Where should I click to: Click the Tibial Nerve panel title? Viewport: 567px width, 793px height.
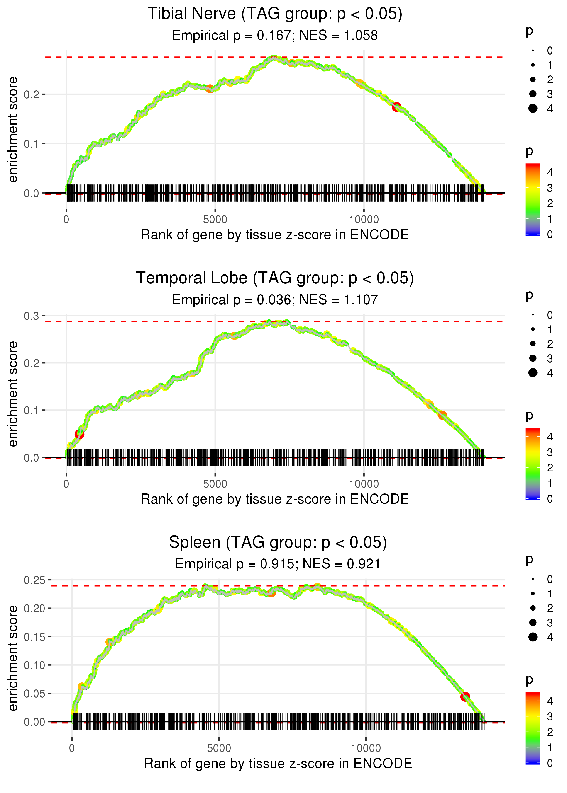(275, 14)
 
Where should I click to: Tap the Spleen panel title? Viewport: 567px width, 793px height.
(278, 543)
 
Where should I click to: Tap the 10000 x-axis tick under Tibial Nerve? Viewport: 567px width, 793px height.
(364, 220)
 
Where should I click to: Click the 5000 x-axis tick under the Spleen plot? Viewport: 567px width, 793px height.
(219, 748)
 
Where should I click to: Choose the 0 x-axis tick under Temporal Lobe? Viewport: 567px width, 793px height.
(66, 484)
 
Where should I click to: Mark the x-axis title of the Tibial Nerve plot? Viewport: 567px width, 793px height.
(275, 235)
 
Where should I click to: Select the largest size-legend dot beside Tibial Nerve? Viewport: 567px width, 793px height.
(533, 109)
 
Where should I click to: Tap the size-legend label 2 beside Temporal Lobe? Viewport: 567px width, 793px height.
(550, 344)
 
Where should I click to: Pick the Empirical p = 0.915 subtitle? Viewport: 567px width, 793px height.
(278, 564)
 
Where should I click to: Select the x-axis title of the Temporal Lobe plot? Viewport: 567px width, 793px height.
(275, 499)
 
